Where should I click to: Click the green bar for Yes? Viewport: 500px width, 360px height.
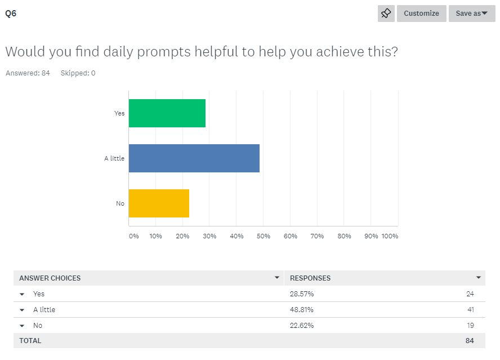(167, 113)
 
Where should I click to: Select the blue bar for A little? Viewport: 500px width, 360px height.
(194, 158)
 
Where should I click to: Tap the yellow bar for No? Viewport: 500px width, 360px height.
(159, 203)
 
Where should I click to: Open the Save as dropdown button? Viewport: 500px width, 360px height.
(471, 14)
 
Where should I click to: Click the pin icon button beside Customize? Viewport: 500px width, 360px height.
(386, 14)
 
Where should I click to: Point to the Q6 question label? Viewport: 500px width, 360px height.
(11, 14)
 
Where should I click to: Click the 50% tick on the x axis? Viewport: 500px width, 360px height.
(264, 236)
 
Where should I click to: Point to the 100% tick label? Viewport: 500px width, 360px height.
(390, 236)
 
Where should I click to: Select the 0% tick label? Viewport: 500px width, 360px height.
(134, 236)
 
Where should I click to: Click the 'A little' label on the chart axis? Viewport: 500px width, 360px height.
(114, 158)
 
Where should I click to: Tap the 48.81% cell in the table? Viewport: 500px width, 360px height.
(301, 309)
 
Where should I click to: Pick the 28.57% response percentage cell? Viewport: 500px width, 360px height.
(301, 294)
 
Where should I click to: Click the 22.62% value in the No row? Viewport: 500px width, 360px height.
(301, 325)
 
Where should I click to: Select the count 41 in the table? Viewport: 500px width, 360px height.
(470, 309)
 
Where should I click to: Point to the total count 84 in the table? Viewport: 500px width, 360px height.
(470, 340)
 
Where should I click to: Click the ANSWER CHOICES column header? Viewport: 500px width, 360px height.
(50, 278)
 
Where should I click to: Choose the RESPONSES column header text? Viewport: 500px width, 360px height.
(310, 278)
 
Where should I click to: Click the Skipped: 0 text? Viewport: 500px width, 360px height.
(78, 73)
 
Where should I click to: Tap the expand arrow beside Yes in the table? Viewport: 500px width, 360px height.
(22, 294)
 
